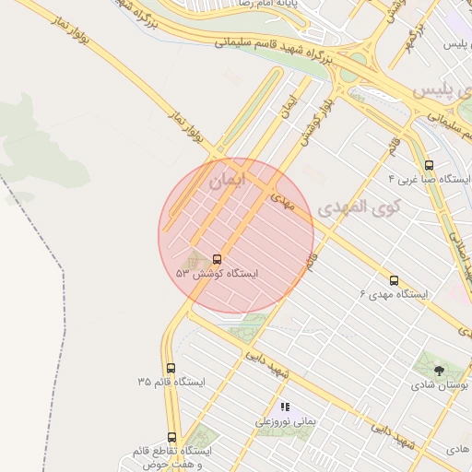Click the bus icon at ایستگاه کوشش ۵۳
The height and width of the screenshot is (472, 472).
tap(218, 260)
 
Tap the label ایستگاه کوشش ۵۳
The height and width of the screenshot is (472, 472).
tap(218, 274)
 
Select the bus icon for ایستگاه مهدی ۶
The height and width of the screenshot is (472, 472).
tap(395, 280)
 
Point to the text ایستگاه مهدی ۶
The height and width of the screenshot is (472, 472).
tap(395, 294)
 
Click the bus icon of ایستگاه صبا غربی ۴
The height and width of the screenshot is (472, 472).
tap(429, 165)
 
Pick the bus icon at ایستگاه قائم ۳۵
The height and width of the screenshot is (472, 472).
tap(171, 368)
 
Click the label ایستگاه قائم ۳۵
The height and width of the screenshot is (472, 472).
tap(171, 382)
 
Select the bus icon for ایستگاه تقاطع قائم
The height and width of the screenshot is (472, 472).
tap(171, 437)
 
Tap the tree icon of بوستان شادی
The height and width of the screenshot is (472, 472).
tap(438, 371)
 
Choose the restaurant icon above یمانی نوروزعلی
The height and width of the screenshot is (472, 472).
tap(285, 407)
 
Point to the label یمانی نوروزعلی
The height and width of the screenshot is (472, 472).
tap(286, 420)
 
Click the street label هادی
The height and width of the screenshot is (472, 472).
tap(457, 448)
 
